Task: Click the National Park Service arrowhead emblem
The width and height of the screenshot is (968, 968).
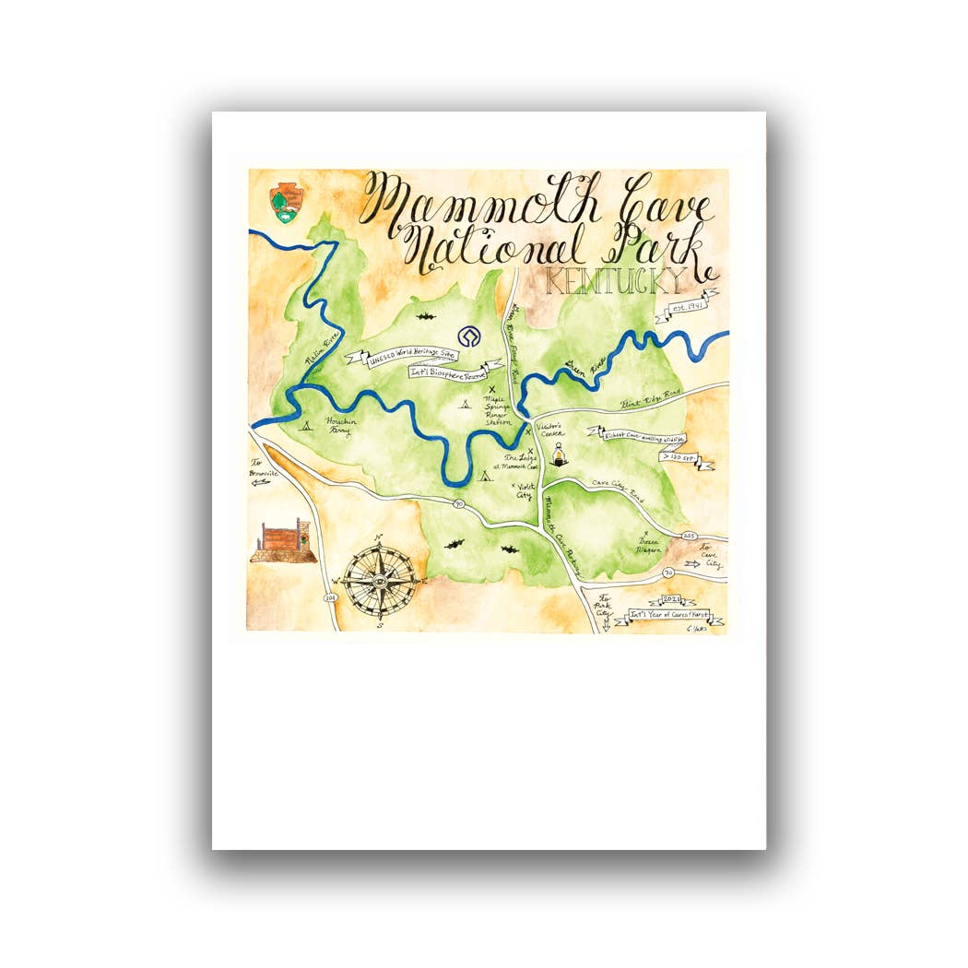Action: point(283,203)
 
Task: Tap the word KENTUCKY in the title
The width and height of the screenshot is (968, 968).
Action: point(615,281)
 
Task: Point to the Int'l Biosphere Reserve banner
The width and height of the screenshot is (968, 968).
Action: point(450,372)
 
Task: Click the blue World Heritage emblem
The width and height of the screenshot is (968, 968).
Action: point(470,336)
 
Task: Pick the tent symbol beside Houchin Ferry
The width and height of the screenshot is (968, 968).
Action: point(306,425)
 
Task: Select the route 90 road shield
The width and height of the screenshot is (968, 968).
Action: point(458,503)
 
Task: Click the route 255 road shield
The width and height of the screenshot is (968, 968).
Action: point(688,535)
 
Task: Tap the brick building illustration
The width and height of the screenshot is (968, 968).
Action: point(281,541)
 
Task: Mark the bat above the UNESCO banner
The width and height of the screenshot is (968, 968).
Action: point(425,316)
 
